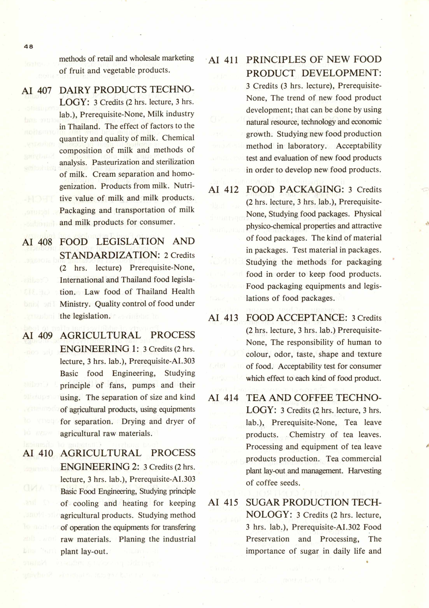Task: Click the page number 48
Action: tap(29, 46)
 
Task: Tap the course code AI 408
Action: tap(37, 242)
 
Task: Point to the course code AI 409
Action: tap(38, 335)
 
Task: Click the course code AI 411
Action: tap(223, 60)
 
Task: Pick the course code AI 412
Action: tap(223, 190)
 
